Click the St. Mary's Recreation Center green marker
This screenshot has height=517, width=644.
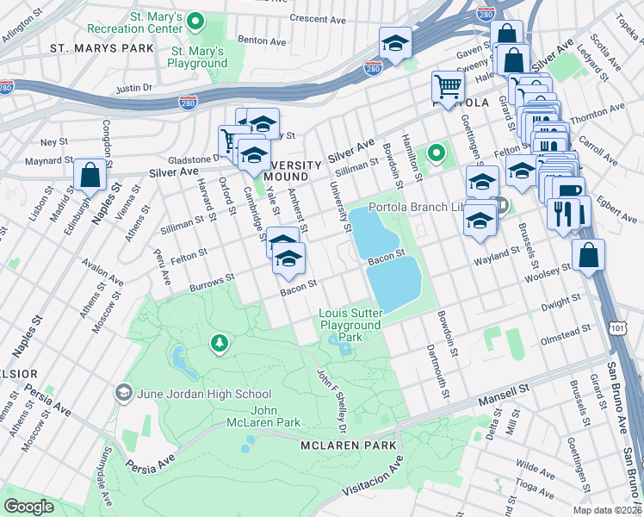coord(195,21)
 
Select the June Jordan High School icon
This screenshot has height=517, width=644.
coord(124,393)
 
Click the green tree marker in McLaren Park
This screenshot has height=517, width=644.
coord(220,344)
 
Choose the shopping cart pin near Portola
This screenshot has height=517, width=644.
coord(448,87)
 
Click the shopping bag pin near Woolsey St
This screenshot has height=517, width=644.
coord(588,256)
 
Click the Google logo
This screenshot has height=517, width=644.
coord(30,506)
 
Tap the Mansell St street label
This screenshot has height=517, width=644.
coord(511,389)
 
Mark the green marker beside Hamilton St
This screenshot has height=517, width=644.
coord(437,154)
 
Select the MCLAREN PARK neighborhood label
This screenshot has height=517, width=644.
coord(349,445)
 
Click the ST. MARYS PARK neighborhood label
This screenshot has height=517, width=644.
coord(101,47)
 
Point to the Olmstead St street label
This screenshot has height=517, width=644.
coord(565,329)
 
